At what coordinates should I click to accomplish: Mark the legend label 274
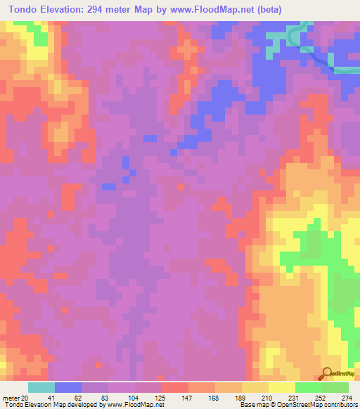tap(347, 398)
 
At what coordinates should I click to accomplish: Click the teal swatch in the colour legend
tap(41, 387)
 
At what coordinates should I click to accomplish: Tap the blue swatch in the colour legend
tap(68, 387)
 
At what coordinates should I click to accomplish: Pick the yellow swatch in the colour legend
tap(282, 387)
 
